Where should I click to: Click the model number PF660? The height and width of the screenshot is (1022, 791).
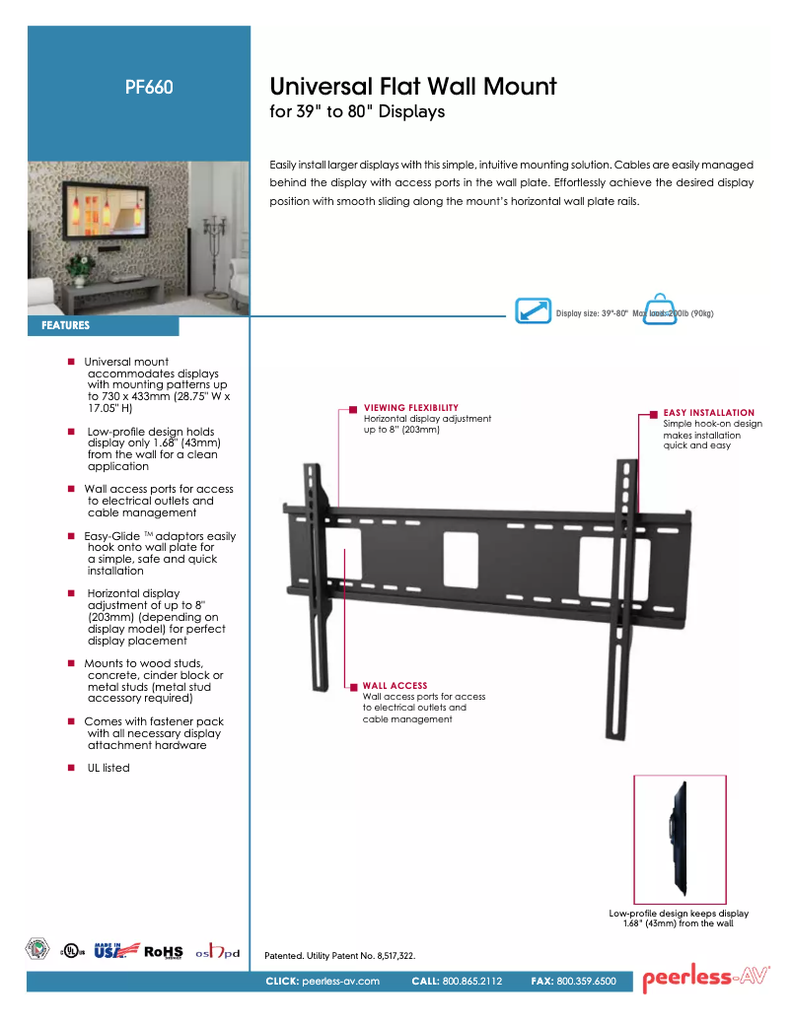tap(149, 87)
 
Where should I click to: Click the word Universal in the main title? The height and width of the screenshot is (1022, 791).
tap(326, 87)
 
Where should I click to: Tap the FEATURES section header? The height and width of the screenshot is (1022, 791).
tap(66, 325)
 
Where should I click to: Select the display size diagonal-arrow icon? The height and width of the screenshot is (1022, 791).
tap(534, 311)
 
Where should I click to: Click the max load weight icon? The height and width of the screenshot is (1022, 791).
tap(660, 309)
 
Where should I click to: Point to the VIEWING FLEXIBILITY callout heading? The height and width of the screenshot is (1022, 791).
tap(410, 407)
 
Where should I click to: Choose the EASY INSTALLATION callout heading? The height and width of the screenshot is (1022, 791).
tap(708, 413)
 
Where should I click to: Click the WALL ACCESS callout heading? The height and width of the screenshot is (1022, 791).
tap(395, 685)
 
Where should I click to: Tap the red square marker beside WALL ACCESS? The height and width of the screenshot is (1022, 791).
tap(352, 685)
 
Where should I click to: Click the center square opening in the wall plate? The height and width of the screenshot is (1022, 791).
tap(460, 557)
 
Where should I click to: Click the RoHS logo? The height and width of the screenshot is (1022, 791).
tap(164, 951)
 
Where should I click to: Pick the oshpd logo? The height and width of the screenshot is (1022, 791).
tap(218, 952)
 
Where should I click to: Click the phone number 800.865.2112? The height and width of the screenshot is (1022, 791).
tap(472, 982)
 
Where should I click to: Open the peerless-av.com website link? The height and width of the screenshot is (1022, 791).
tap(340, 982)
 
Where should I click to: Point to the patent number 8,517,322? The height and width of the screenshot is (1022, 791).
tap(393, 956)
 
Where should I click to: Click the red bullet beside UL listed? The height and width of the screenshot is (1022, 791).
tap(71, 768)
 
